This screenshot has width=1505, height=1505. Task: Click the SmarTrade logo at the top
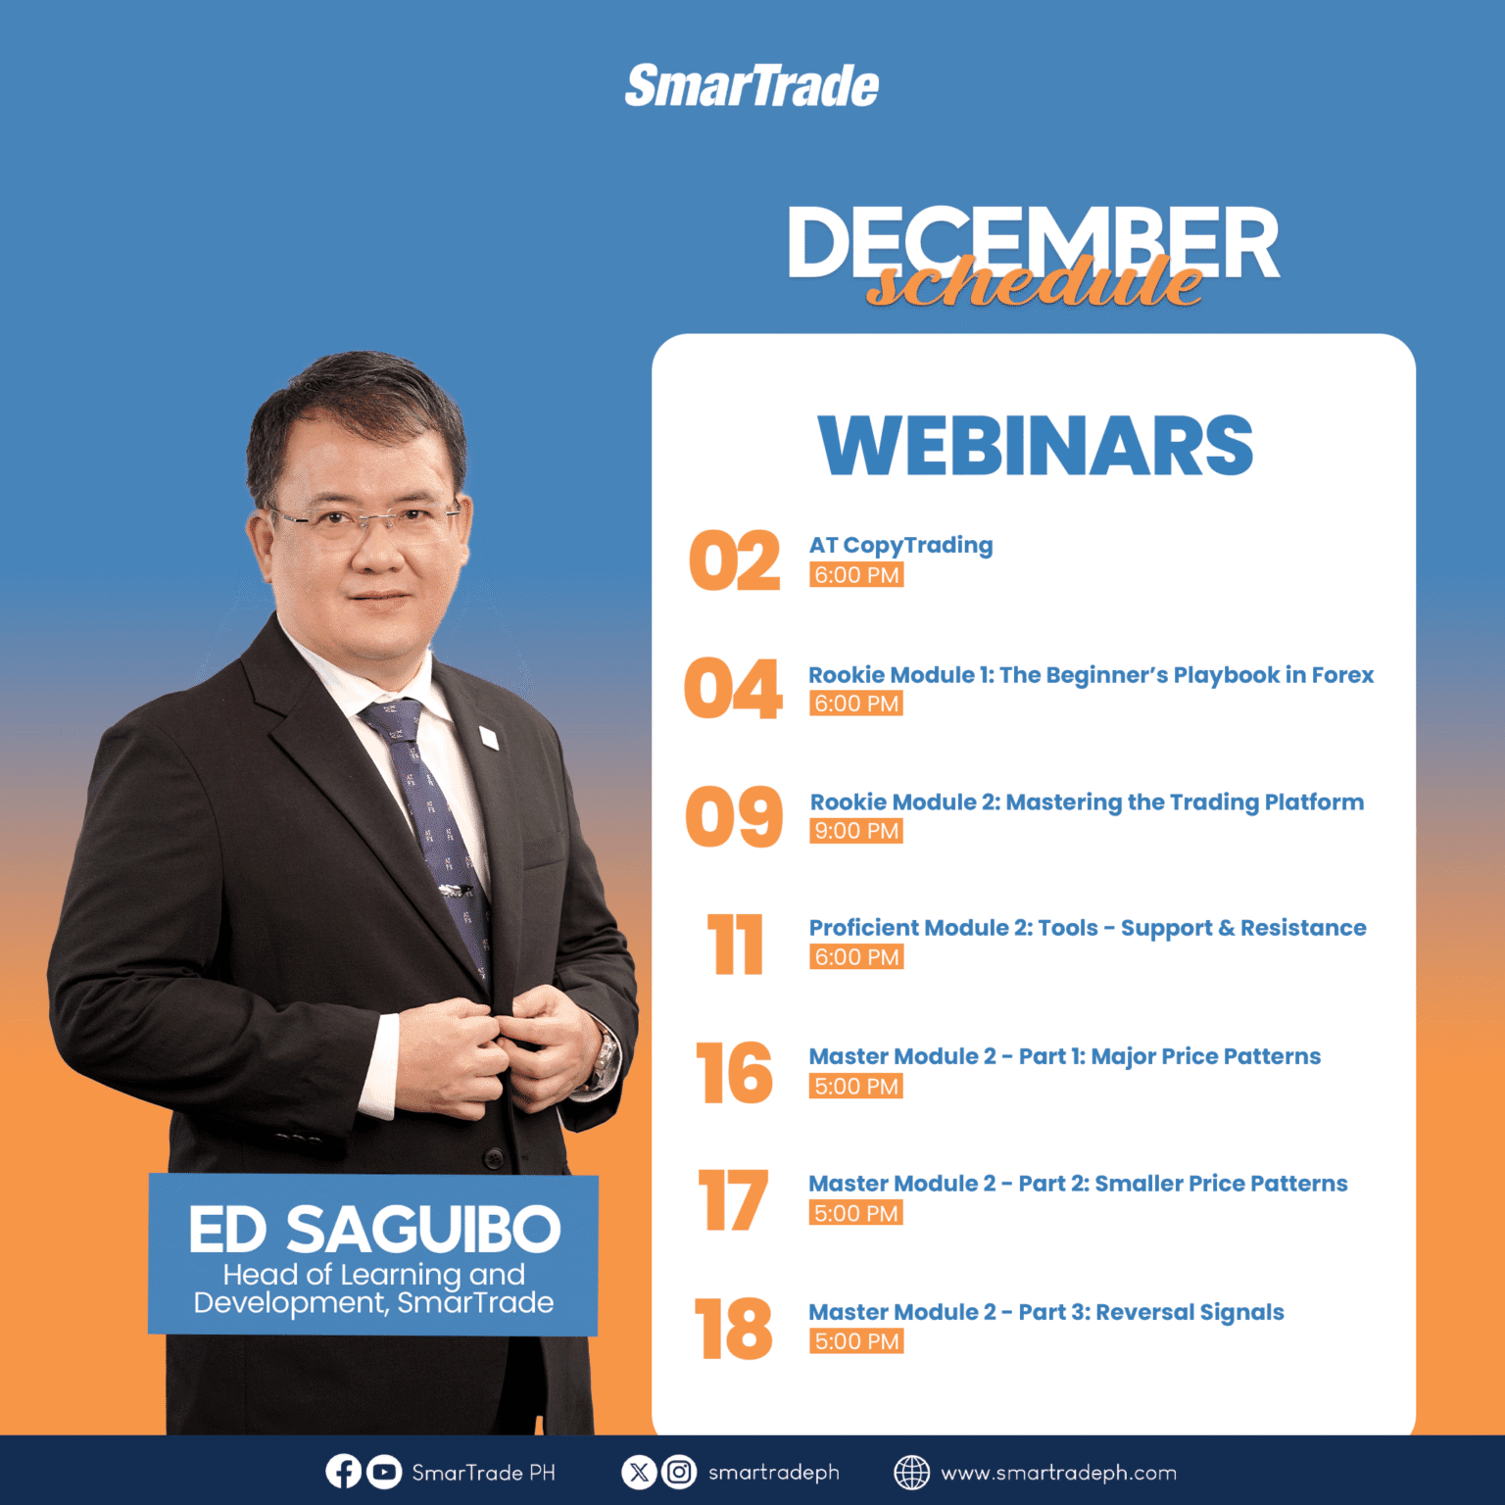tap(752, 85)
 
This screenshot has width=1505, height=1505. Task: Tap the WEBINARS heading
tap(1036, 446)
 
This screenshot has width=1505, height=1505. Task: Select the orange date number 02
tap(735, 560)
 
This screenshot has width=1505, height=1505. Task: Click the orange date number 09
tap(735, 816)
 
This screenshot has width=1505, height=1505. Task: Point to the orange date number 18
tap(733, 1329)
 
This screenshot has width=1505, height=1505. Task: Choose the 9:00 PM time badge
tap(856, 831)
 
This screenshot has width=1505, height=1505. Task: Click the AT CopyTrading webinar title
tap(900, 546)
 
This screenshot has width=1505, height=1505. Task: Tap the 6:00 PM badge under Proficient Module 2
tap(856, 957)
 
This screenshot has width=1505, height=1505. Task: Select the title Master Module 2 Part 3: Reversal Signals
tap(1045, 1313)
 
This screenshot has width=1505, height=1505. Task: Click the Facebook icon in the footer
tap(343, 1472)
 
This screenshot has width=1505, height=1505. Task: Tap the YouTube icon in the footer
tap(384, 1472)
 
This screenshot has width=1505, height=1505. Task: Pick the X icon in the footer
tap(639, 1472)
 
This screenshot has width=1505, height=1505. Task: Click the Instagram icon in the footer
tap(679, 1472)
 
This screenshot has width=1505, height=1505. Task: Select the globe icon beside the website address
tap(911, 1472)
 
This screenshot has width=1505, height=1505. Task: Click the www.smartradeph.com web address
tap(1058, 1473)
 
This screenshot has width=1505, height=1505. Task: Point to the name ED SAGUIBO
tap(374, 1230)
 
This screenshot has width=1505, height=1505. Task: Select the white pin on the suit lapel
tap(488, 737)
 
